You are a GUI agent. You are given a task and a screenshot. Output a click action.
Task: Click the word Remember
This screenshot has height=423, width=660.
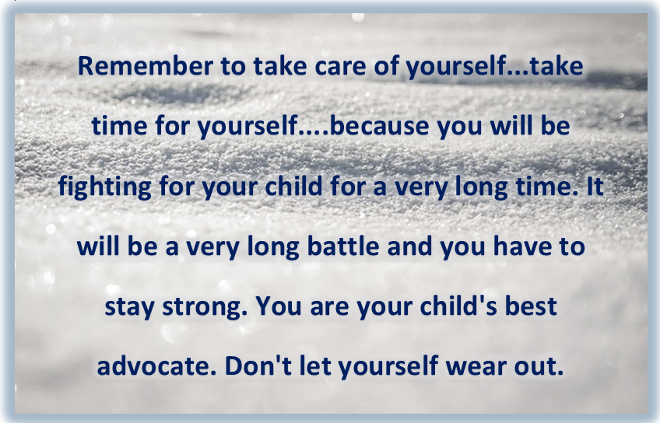(146, 66)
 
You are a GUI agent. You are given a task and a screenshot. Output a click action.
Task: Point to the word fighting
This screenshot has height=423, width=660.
(104, 187)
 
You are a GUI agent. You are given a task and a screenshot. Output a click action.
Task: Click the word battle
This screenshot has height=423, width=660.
(343, 246)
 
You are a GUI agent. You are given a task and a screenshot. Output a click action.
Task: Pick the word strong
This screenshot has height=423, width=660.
(205, 307)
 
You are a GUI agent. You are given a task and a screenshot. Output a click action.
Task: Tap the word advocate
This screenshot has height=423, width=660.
(153, 366)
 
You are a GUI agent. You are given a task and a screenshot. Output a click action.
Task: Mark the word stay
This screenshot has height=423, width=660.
(130, 307)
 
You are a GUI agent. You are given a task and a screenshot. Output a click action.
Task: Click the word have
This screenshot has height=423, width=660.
(518, 246)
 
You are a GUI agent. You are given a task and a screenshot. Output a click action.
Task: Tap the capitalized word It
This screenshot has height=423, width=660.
(595, 187)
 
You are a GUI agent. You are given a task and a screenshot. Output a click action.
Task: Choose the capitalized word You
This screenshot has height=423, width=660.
(279, 306)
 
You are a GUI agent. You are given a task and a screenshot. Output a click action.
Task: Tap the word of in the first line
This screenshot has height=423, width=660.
(386, 66)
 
